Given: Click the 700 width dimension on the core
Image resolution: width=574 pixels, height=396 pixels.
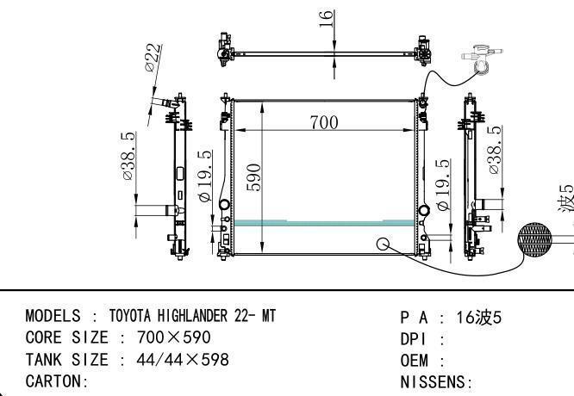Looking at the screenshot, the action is [x=324, y=122].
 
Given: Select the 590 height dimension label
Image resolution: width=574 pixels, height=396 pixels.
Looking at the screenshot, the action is [x=253, y=177].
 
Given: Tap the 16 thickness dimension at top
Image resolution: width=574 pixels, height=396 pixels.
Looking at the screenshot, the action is [x=326, y=18].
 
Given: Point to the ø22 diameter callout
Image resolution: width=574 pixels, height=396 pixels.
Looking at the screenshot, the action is [x=153, y=58].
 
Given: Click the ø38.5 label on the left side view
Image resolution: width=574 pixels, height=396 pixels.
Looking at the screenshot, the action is [x=128, y=156].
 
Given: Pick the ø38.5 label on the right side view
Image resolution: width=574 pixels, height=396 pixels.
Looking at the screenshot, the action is [x=495, y=150].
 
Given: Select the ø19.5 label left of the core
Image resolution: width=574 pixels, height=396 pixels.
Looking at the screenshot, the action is [x=205, y=176].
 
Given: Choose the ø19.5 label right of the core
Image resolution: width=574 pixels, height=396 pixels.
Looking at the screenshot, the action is [x=443, y=184].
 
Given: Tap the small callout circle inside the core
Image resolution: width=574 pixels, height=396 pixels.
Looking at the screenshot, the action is [x=383, y=244].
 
